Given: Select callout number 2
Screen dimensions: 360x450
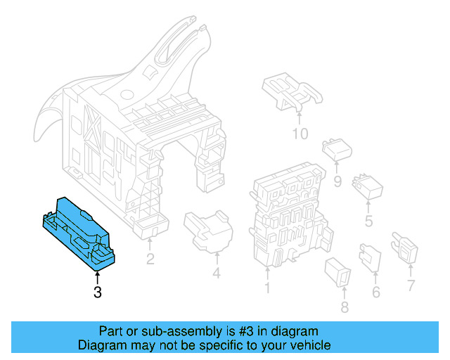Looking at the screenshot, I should pyautogui.click(x=150, y=259).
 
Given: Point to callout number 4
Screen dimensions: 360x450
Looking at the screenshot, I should pyautogui.click(x=216, y=273).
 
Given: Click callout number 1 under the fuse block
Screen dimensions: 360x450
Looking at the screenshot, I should pyautogui.click(x=266, y=288).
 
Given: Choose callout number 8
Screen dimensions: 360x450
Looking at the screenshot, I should pyautogui.click(x=344, y=307).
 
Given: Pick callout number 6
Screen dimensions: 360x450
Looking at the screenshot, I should pyautogui.click(x=375, y=292).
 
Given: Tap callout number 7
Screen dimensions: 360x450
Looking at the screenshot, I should pyautogui.click(x=411, y=285).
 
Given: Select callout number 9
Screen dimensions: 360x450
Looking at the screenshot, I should pyautogui.click(x=337, y=181).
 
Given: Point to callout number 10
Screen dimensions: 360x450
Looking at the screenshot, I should pyautogui.click(x=300, y=134).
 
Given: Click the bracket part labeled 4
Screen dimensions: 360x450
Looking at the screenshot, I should pyautogui.click(x=209, y=230).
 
